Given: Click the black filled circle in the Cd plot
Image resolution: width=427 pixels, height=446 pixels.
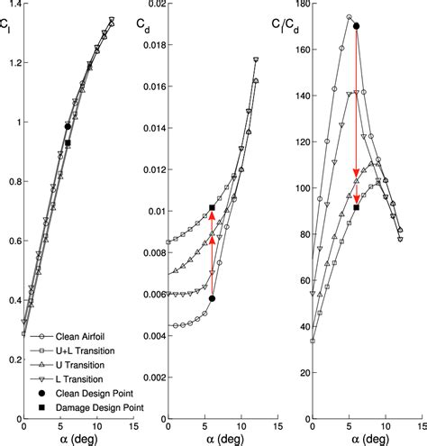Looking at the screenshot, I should [x=212, y=297].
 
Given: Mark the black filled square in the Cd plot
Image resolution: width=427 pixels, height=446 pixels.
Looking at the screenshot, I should [x=212, y=208].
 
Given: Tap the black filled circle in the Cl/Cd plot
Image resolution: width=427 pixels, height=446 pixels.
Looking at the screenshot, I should [x=357, y=27].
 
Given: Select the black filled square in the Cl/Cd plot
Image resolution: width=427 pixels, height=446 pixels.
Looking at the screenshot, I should [x=357, y=208].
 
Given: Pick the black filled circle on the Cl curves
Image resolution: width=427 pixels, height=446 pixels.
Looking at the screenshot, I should [x=68, y=127].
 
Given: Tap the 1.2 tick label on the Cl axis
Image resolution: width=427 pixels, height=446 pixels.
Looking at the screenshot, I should [x=11, y=64].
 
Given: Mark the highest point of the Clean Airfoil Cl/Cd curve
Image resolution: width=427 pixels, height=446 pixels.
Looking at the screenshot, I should [x=350, y=17].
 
